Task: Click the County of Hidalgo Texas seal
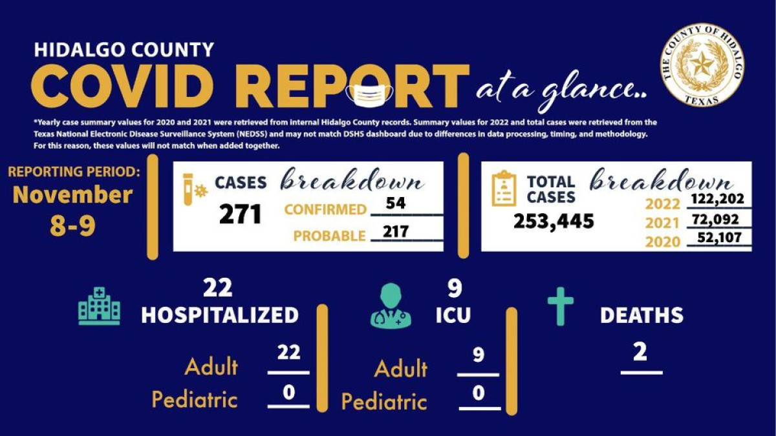tap(702, 65)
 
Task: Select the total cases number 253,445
tap(554, 221)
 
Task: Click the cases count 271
tap(240, 214)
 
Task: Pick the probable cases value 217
tap(395, 231)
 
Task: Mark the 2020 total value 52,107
tap(720, 238)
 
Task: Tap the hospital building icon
tap(99, 306)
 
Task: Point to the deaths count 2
tap(640, 353)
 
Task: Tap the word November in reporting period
tap(72, 194)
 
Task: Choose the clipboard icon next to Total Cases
tap(504, 189)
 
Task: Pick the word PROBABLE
tap(329, 236)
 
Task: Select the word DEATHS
tap(641, 315)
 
